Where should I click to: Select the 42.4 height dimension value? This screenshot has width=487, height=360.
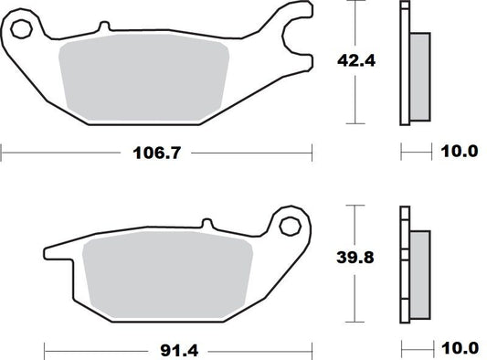tap(351, 62)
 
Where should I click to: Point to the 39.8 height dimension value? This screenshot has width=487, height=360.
tap(351, 259)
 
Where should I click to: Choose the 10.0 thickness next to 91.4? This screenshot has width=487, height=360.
tap(460, 347)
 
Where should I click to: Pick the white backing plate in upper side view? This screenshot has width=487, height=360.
tap(405, 64)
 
